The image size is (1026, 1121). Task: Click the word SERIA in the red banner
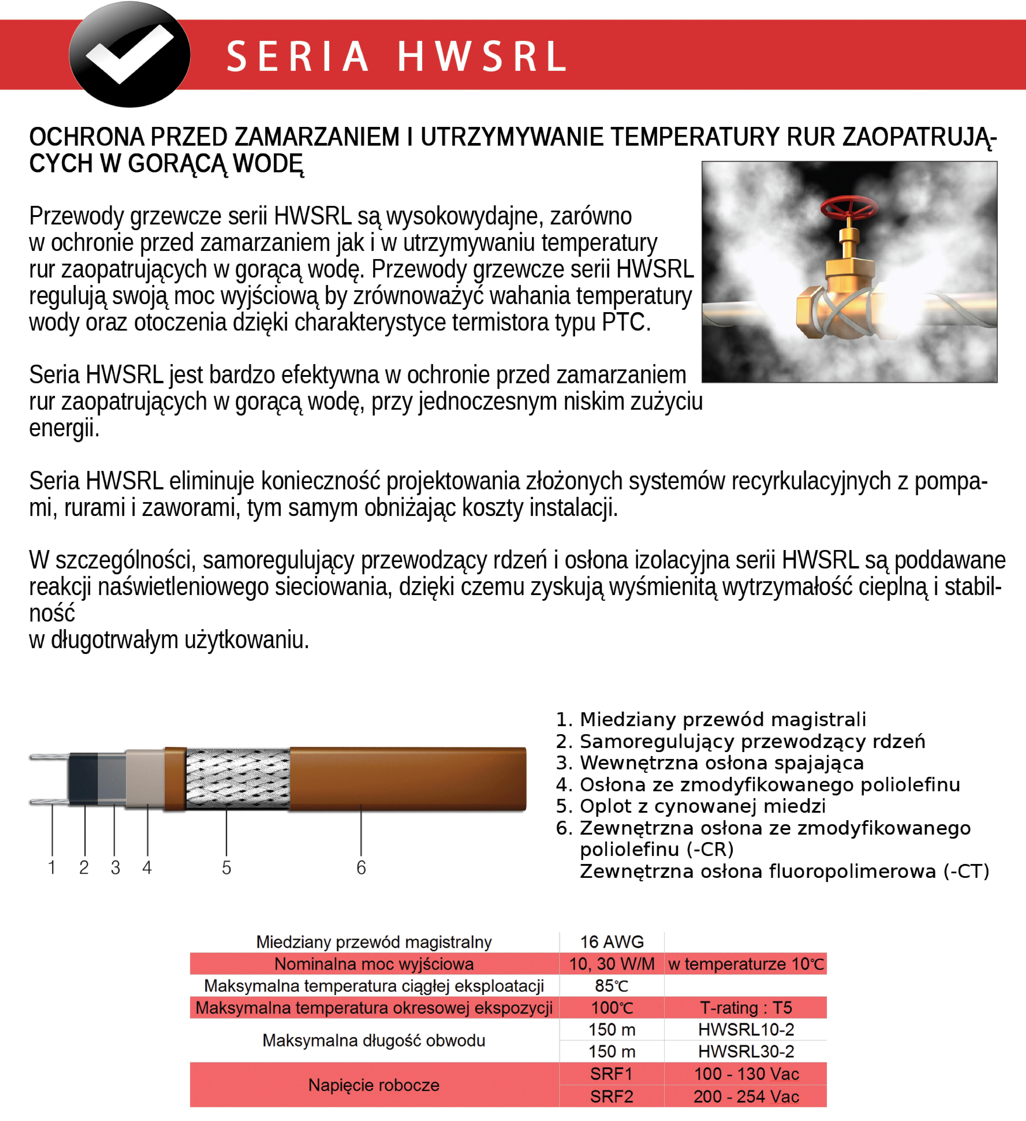tap(297, 57)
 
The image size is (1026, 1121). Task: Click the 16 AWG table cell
tap(612, 942)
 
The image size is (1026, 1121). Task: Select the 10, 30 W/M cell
tap(612, 964)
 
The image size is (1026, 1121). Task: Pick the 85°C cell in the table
tap(612, 986)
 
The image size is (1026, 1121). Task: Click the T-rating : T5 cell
tap(746, 1008)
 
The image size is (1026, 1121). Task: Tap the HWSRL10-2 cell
tap(746, 1030)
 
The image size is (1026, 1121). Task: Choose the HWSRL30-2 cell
tap(746, 1051)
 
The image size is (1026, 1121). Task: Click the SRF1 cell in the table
tap(612, 1074)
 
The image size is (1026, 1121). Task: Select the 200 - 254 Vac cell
tap(746, 1096)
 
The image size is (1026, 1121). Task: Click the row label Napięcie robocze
tap(374, 1085)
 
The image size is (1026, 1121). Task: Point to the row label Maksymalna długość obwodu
tap(374, 1040)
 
